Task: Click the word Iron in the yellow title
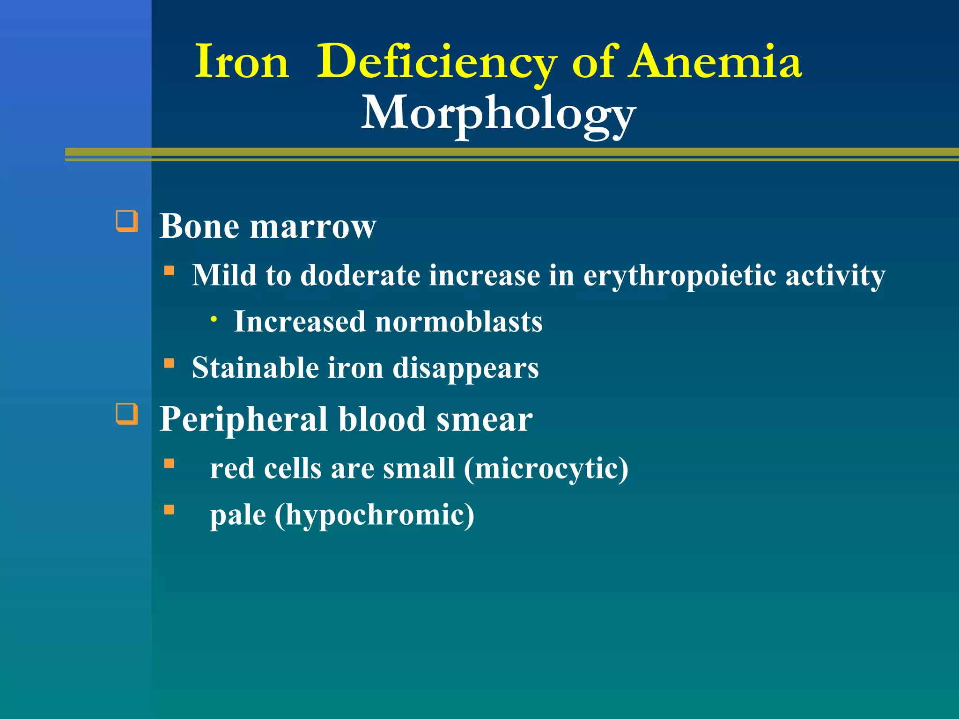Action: (x=242, y=62)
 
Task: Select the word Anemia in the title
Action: (x=715, y=62)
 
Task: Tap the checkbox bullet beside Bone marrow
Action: (x=127, y=221)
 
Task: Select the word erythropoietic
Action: (x=680, y=275)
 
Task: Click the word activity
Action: (x=835, y=275)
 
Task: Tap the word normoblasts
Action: (x=459, y=322)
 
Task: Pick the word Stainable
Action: (x=255, y=368)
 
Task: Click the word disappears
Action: (x=465, y=369)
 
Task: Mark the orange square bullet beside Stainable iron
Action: (x=169, y=363)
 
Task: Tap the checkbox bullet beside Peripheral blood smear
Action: (x=127, y=414)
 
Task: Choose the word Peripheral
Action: (x=243, y=419)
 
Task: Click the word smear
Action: (x=485, y=419)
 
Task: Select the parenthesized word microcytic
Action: (x=546, y=468)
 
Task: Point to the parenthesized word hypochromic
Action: (x=375, y=515)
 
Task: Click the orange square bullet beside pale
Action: (x=169, y=510)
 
